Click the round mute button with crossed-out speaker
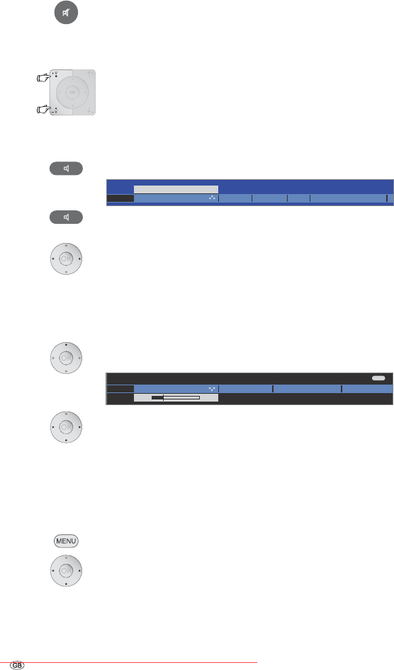[x=66, y=13]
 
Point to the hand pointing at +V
[x=44, y=78]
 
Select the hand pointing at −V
[x=44, y=110]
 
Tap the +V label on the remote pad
[x=55, y=74]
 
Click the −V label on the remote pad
[x=55, y=110]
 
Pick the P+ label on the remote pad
[x=90, y=74]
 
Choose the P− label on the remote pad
[x=90, y=110]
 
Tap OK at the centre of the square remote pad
[x=73, y=92]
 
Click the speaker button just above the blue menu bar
[x=66, y=169]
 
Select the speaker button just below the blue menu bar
[x=66, y=217]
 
